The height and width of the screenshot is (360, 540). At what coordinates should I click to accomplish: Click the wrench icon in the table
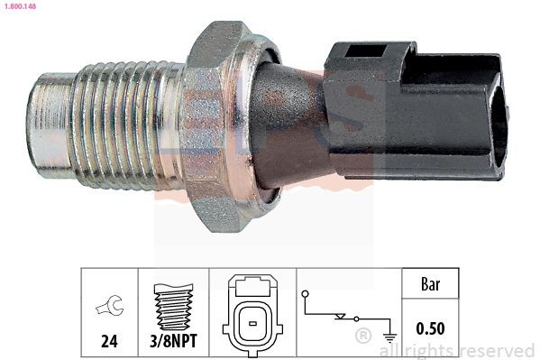click(x=108, y=309)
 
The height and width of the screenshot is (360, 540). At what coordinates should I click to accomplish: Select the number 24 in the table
click(x=108, y=342)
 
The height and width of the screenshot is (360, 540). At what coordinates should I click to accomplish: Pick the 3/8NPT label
click(x=173, y=342)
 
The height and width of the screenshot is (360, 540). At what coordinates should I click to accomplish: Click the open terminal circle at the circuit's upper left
click(x=305, y=294)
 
